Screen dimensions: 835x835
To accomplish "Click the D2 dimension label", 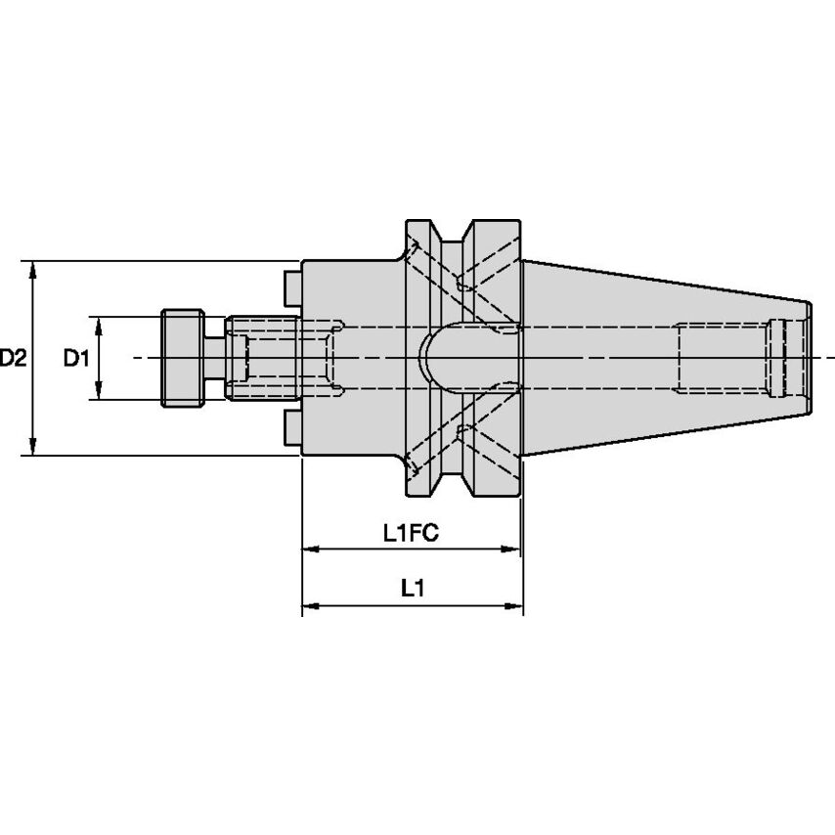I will click(13, 358).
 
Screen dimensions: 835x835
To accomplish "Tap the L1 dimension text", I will click(413, 589).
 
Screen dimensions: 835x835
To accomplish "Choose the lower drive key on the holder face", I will click(291, 427).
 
